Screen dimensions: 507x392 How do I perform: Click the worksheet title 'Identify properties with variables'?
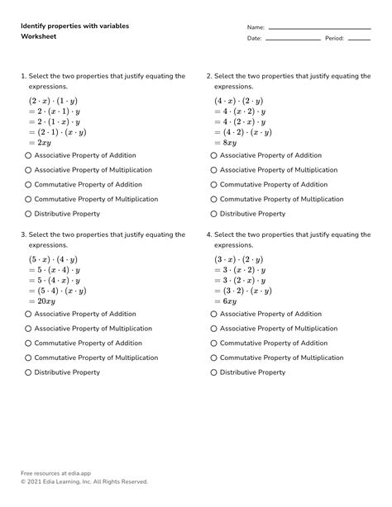(74, 26)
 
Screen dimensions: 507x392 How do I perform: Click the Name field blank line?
(319, 28)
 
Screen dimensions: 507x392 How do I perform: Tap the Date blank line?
(293, 39)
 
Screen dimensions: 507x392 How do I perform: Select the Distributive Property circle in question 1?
(28, 214)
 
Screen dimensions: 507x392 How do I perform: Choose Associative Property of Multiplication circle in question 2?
(213, 170)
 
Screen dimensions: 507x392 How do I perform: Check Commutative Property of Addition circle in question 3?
(28, 344)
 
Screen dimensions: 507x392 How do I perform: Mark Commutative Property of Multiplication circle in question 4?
(213, 358)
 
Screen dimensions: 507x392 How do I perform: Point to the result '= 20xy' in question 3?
(46, 301)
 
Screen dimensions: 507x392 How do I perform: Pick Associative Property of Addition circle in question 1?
(28, 155)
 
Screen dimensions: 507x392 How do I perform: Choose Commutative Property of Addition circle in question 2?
(213, 185)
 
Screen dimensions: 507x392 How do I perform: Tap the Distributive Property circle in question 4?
(213, 372)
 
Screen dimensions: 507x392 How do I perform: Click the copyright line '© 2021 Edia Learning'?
(84, 481)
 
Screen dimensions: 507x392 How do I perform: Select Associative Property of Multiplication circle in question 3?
(28, 329)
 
